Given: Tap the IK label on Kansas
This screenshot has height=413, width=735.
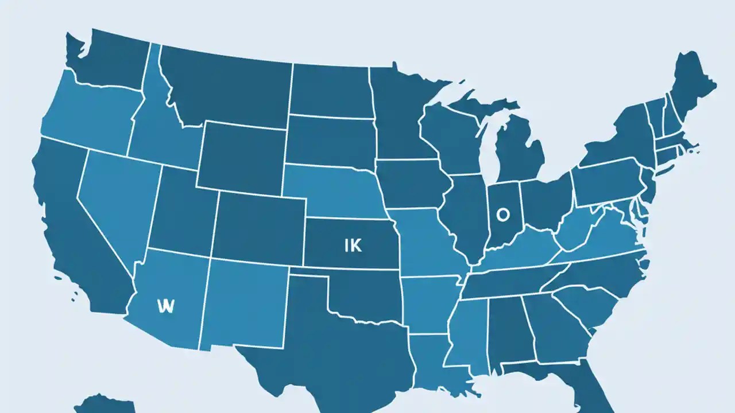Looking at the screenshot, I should (x=353, y=246).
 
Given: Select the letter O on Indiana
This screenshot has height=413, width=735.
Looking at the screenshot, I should (x=502, y=215).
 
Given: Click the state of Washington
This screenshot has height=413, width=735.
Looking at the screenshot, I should (x=109, y=57).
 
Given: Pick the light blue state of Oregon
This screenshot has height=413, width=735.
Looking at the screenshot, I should (x=86, y=115).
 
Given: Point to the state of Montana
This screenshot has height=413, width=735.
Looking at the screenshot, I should (x=230, y=86).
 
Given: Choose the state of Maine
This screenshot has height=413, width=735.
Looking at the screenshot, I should (x=692, y=86).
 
